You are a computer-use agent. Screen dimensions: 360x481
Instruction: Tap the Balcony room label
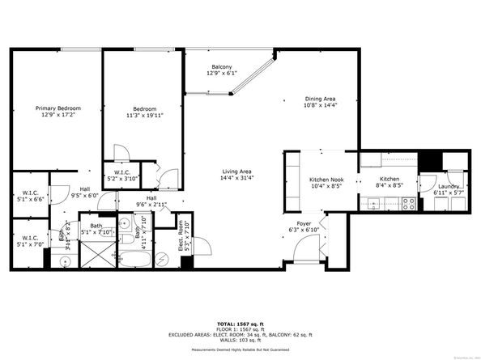[222, 66]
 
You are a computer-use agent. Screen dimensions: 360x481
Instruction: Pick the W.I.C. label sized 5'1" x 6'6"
[30, 193]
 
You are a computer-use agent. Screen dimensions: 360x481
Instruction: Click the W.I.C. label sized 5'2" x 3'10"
[123, 172]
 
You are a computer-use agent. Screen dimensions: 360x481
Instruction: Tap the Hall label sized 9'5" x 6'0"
[84, 191]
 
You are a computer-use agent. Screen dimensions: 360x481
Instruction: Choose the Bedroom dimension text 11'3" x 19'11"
[147, 115]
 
